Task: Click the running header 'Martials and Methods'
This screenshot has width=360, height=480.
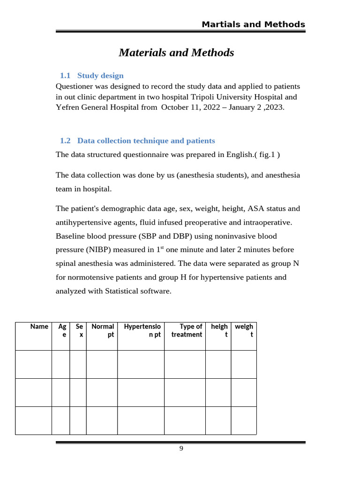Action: [253, 24]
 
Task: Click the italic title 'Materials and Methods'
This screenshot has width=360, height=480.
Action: [176, 52]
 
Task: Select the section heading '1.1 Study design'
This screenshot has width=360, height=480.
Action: [92, 75]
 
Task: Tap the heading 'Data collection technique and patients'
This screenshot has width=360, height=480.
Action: [146, 141]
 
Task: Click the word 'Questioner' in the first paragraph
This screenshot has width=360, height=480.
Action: [75, 87]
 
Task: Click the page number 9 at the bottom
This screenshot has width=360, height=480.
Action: [181, 449]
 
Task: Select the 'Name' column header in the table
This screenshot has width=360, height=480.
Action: [39, 326]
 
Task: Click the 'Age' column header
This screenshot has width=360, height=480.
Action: [61, 330]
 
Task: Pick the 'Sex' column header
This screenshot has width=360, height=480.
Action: [79, 330]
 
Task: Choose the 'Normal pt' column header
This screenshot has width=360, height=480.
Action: [103, 330]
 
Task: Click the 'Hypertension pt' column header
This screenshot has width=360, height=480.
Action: [142, 330]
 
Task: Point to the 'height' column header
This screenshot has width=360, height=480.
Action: [219, 330]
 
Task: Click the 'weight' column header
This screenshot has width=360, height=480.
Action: [244, 330]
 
